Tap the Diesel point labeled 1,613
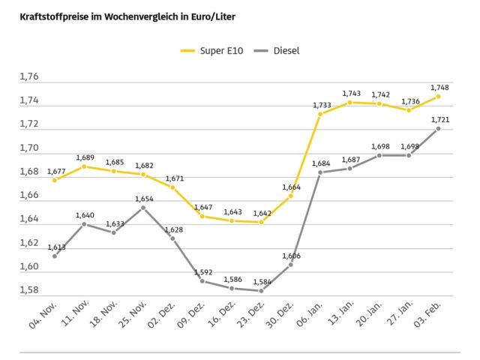tap(55, 256)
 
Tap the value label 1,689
tap(84, 157)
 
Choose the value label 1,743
tap(349, 94)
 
